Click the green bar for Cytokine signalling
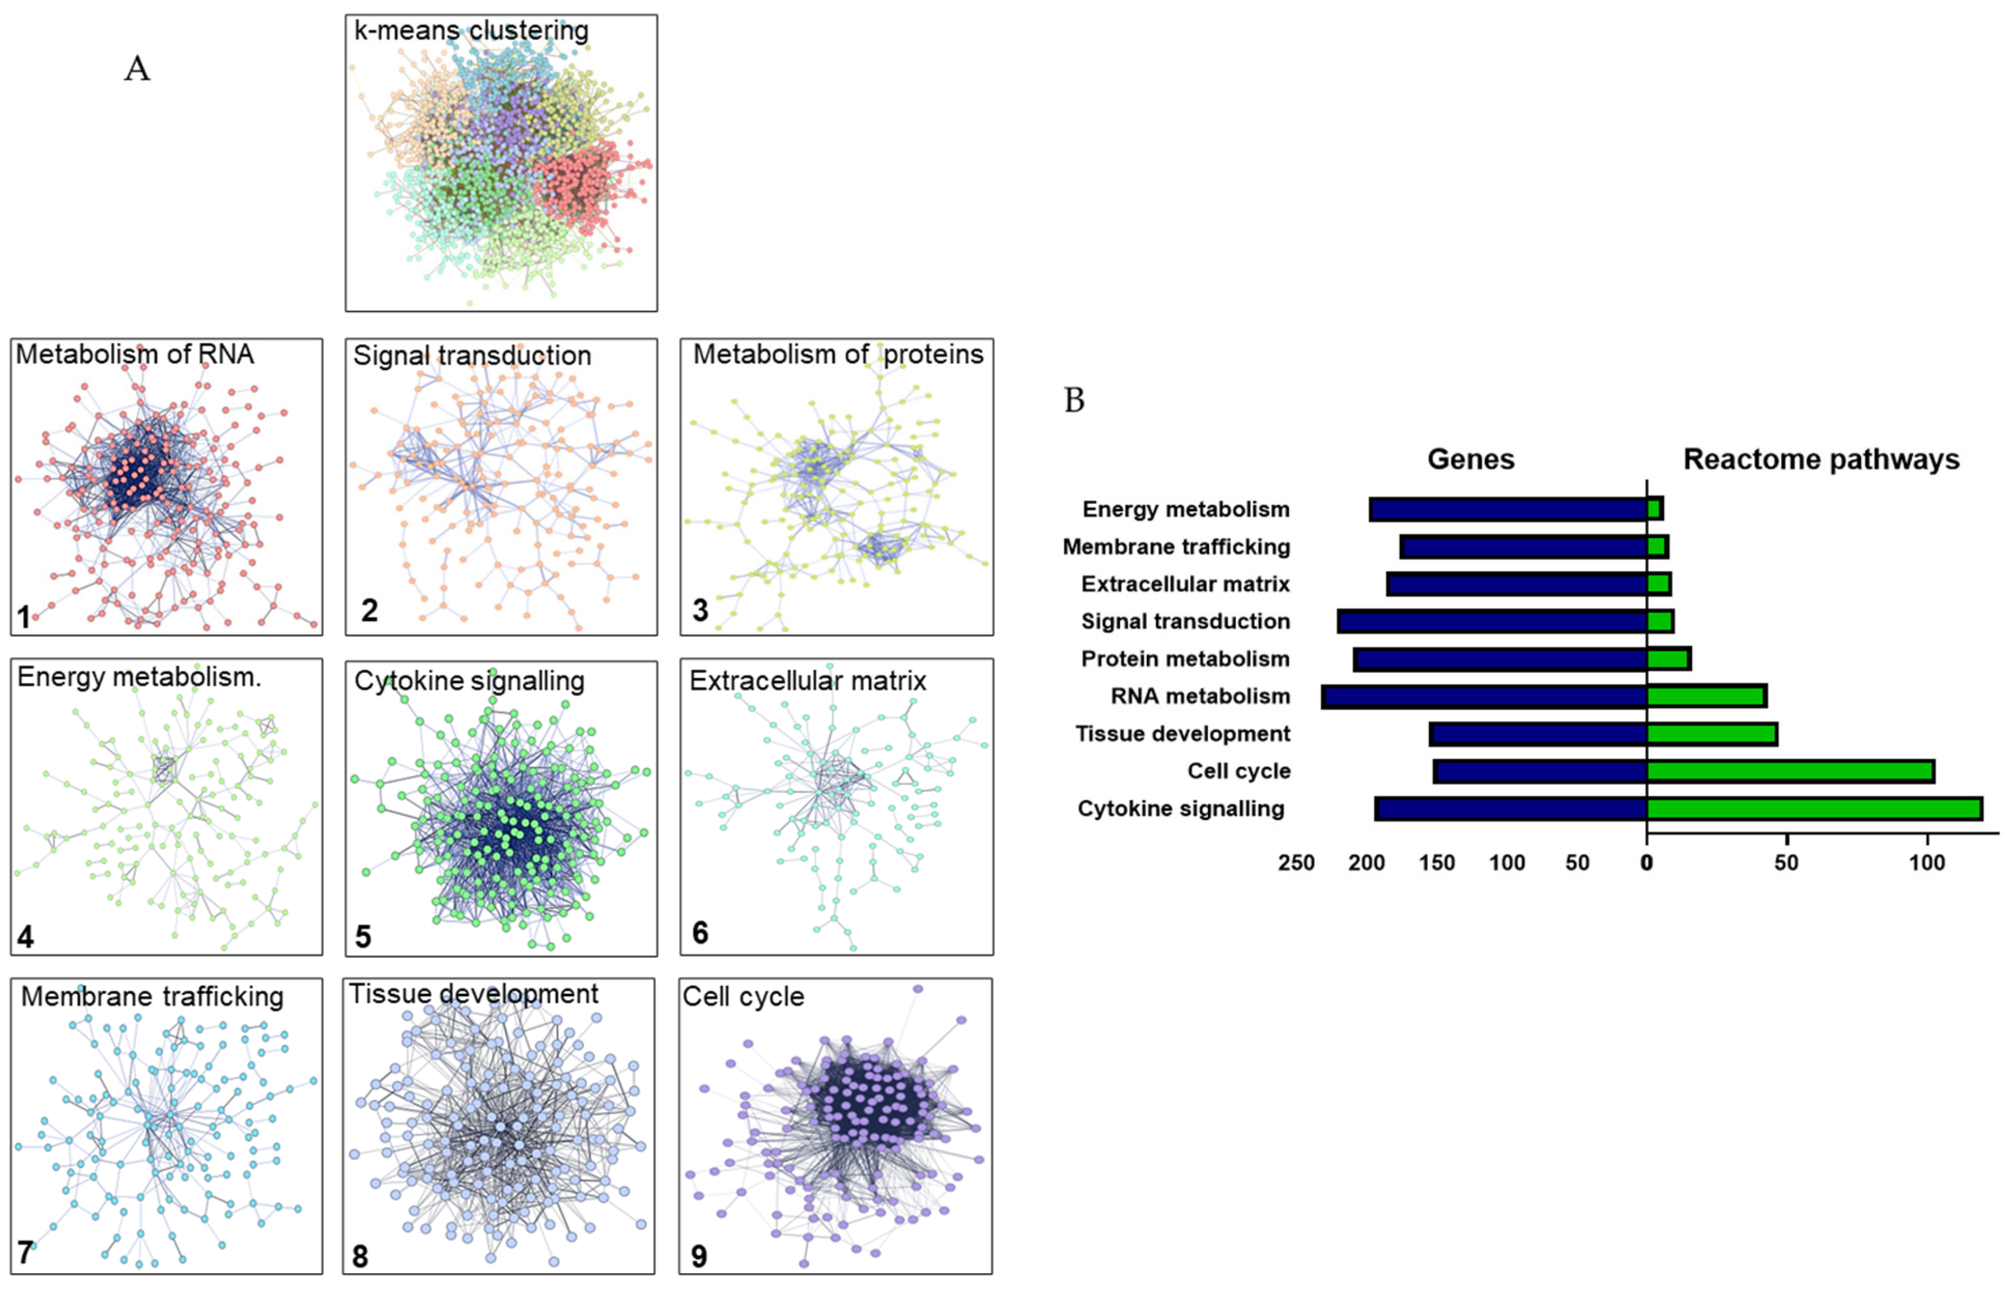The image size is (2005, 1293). click(x=1813, y=808)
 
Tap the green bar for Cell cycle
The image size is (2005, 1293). click(x=1790, y=771)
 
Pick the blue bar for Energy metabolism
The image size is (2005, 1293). click(x=1508, y=509)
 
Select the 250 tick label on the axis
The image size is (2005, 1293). click(x=1297, y=862)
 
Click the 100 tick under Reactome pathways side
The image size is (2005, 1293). click(x=1927, y=862)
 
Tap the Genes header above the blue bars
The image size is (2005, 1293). click(x=1471, y=459)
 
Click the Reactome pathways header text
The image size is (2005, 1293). click(x=1821, y=459)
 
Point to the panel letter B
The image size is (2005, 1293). click(x=1074, y=400)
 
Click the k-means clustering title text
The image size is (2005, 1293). click(x=471, y=30)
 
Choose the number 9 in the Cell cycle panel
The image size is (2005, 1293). click(x=698, y=1256)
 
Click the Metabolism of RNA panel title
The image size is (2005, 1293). click(x=134, y=354)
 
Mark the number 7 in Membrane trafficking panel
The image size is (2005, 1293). click(x=25, y=1253)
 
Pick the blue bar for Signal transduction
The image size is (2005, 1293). click(x=1492, y=621)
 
